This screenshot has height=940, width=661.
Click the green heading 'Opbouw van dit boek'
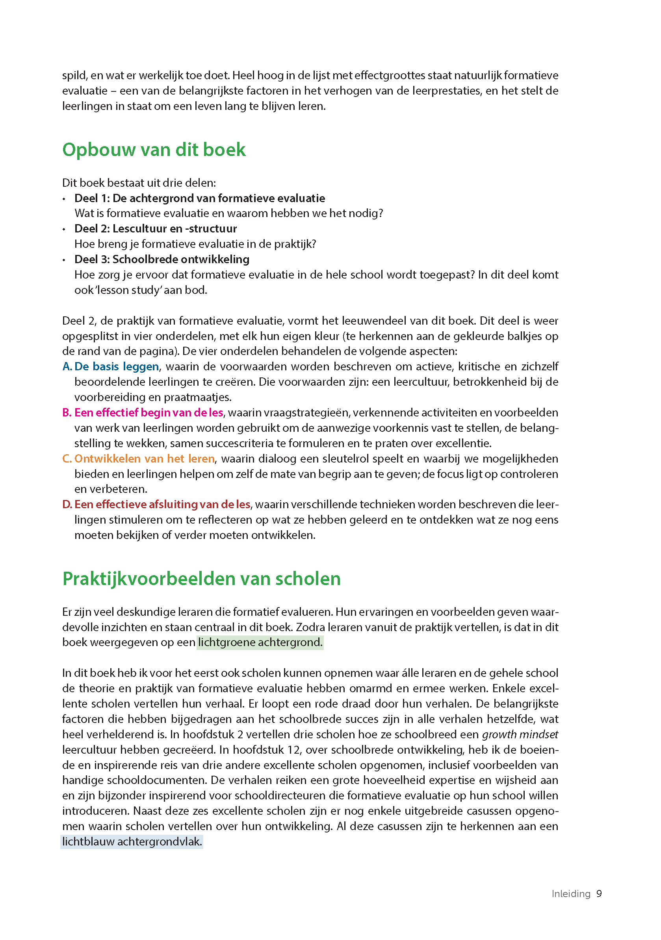coord(154,150)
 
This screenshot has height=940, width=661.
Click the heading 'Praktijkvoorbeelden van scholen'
coord(201,578)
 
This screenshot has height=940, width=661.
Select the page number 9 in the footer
coord(599,894)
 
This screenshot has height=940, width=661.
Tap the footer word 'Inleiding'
coord(570,894)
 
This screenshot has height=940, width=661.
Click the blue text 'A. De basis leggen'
coord(111,366)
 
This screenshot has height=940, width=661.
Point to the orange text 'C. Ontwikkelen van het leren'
coord(138,459)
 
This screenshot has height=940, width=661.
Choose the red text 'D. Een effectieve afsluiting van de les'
coord(156,504)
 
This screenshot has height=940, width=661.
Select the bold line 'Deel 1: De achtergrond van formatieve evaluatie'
coord(200,198)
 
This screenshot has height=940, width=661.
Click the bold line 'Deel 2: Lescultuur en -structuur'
coord(156,228)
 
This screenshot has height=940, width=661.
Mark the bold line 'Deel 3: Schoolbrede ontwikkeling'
coord(162,259)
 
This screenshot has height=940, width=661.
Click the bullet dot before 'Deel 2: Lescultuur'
coord(64,229)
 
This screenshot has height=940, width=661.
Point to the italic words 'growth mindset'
coord(520,734)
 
